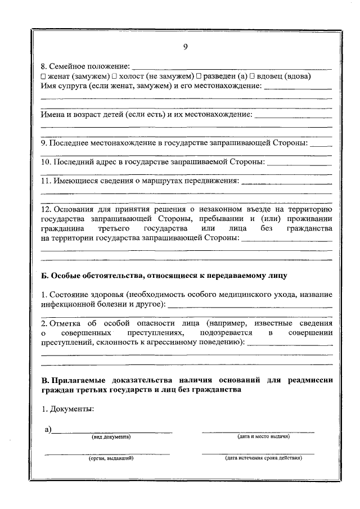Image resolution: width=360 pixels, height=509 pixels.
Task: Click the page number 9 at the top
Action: click(x=185, y=47)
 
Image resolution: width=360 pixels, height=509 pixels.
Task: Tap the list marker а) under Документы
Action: click(x=48, y=430)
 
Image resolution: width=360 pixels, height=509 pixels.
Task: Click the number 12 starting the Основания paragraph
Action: click(x=47, y=209)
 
